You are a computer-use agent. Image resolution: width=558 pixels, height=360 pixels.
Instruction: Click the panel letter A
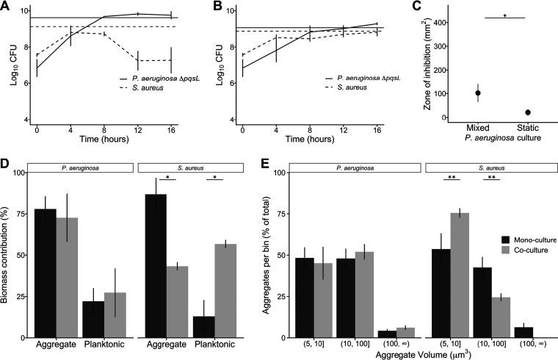7,7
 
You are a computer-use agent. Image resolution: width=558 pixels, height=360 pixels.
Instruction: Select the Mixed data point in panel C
478,93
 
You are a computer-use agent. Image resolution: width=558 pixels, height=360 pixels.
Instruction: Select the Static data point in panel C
528,112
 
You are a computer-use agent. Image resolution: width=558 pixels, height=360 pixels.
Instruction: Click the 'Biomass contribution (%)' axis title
8,252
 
